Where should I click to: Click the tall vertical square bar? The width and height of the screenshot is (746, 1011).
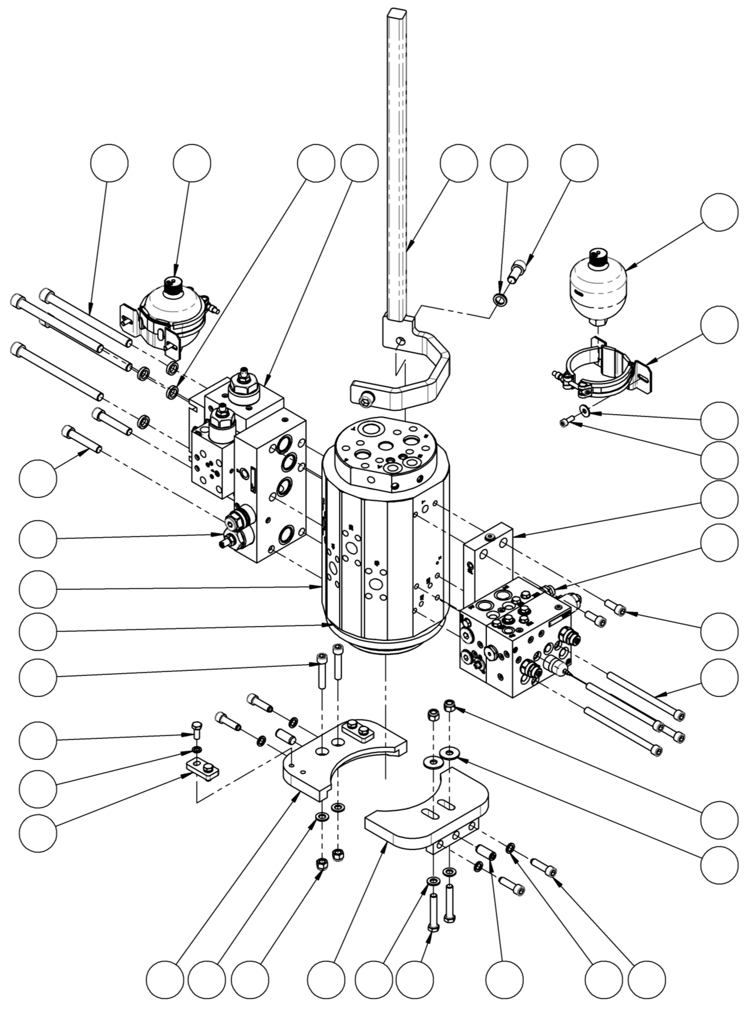point(398,170)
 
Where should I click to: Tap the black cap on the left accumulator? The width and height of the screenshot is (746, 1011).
point(171,283)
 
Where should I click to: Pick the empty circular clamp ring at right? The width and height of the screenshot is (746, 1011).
point(600,371)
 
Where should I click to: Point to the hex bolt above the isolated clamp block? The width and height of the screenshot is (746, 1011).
point(195,729)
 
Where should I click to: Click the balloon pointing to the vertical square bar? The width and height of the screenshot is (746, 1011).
point(459,163)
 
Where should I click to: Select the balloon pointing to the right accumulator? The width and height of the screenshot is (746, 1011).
point(719,213)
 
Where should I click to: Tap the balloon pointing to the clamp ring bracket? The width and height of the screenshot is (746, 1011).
point(719,325)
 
